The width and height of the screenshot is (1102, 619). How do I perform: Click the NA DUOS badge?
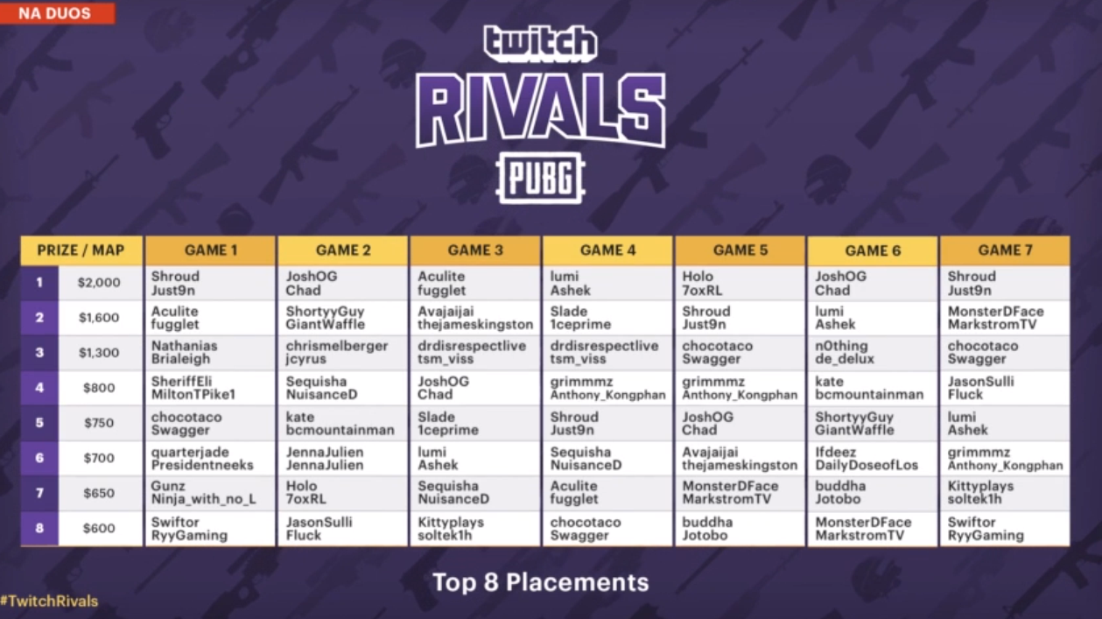tap(58, 13)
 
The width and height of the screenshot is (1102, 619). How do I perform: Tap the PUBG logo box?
tap(541, 178)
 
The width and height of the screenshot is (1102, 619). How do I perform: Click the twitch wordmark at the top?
tap(540, 45)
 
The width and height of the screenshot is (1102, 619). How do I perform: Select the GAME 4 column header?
tap(607, 250)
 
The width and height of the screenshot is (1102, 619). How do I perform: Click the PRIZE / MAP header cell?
tap(81, 250)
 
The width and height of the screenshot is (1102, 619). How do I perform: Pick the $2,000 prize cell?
tap(100, 283)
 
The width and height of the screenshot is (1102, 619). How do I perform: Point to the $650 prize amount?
tap(100, 493)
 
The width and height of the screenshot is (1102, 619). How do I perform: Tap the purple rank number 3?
tap(39, 353)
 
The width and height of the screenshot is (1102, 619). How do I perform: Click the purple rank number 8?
tap(39, 529)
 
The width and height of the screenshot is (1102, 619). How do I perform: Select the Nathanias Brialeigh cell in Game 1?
tap(210, 353)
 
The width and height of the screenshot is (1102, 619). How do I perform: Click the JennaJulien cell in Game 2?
tap(343, 458)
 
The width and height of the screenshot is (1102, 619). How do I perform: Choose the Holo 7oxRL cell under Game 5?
tap(740, 283)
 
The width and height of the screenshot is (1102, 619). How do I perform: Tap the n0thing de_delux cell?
tap(873, 353)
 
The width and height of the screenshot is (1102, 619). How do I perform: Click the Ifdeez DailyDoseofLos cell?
tap(873, 458)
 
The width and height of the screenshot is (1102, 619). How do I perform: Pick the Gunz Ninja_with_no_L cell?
tap(210, 493)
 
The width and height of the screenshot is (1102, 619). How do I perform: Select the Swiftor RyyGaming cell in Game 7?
tap(1005, 529)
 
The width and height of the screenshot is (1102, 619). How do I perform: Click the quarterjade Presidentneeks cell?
tap(210, 458)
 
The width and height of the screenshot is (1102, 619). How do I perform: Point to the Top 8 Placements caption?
tap(541, 582)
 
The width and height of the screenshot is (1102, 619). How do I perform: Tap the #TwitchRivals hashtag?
tap(49, 601)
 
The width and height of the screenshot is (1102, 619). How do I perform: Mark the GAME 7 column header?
tap(1005, 250)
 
